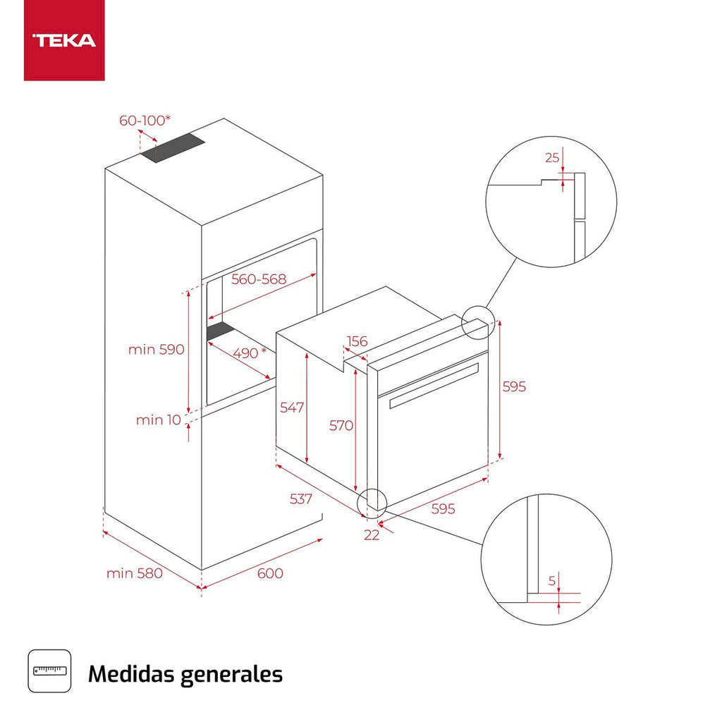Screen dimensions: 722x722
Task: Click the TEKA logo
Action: click(x=64, y=40)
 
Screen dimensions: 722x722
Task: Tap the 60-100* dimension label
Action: click(x=145, y=121)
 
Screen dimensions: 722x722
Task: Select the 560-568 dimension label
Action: click(x=259, y=279)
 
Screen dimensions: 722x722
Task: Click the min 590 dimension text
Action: click(x=156, y=349)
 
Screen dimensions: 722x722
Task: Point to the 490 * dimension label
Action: click(x=250, y=353)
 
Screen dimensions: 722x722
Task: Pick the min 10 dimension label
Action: click(x=159, y=420)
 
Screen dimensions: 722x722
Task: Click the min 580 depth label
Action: click(x=134, y=573)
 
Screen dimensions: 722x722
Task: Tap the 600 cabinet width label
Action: click(x=269, y=573)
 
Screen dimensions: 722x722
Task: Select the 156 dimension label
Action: click(x=357, y=342)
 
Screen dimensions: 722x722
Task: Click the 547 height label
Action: click(x=292, y=407)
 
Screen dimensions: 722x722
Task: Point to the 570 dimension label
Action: click(x=341, y=425)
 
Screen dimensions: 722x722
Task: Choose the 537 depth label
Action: click(x=301, y=499)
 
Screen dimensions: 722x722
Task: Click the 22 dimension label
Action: click(x=372, y=535)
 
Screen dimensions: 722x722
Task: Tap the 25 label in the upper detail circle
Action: click(x=551, y=157)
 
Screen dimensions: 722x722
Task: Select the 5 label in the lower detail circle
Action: click(x=553, y=582)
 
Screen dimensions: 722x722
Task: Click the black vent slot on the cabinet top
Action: click(x=172, y=149)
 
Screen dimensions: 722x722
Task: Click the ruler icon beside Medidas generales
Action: click(x=49, y=671)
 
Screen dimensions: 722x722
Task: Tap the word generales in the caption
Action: click(x=231, y=674)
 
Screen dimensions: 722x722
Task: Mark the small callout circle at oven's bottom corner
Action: click(x=372, y=501)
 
